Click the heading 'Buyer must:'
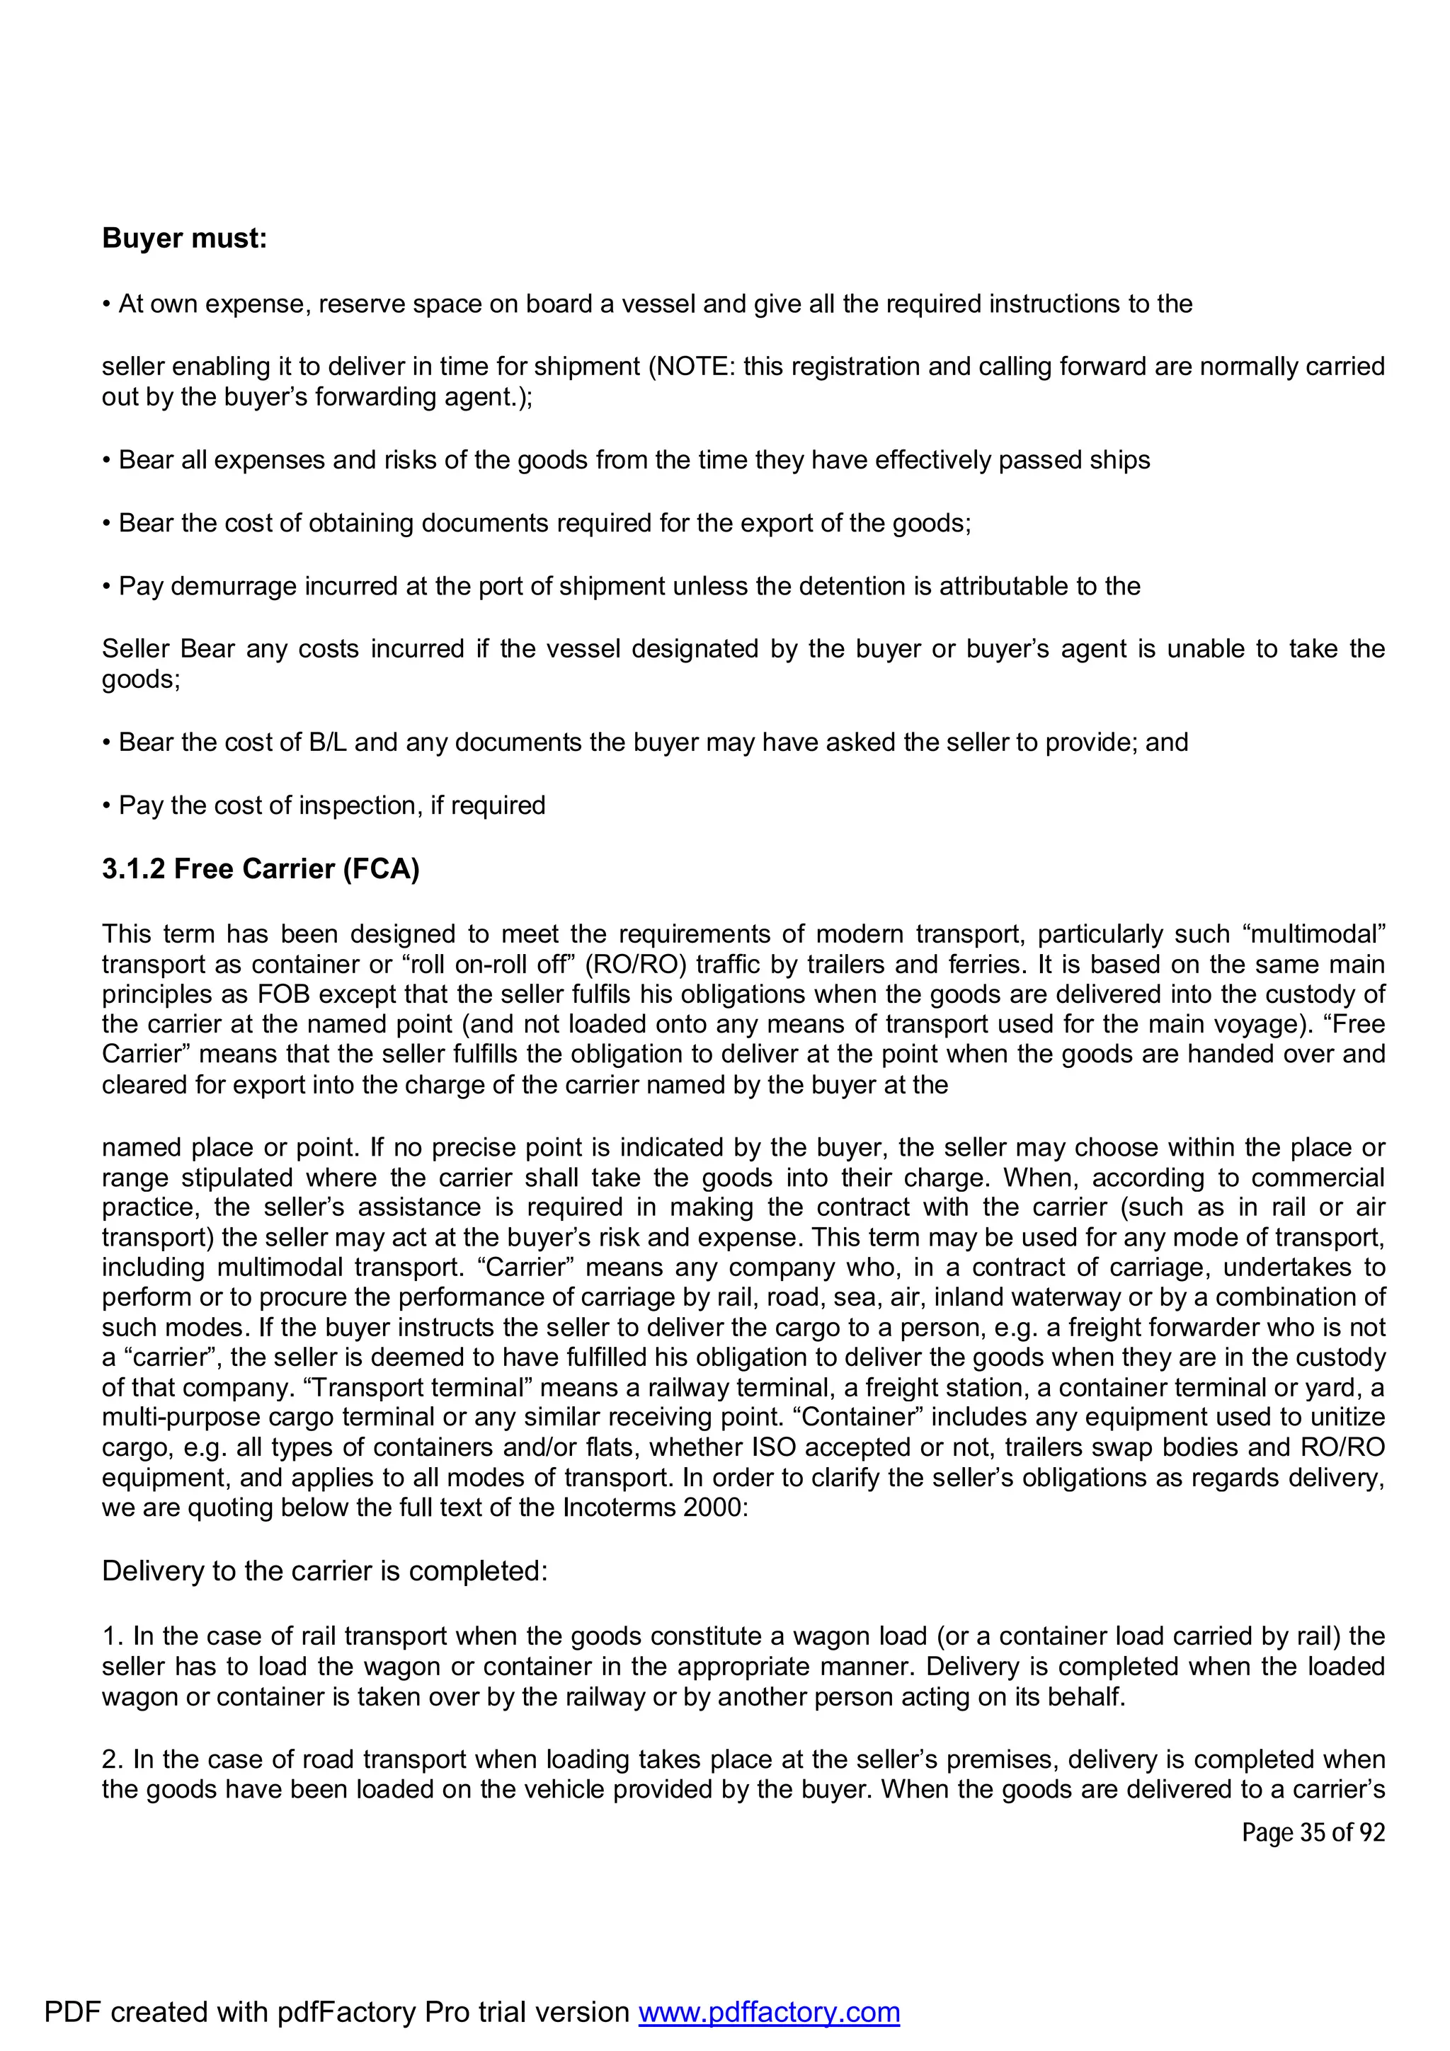click(184, 239)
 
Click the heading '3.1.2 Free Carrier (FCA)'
click(260, 868)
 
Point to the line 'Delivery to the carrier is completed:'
click(324, 1570)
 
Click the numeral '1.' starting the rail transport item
click(113, 1636)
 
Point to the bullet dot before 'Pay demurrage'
click(106, 587)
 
